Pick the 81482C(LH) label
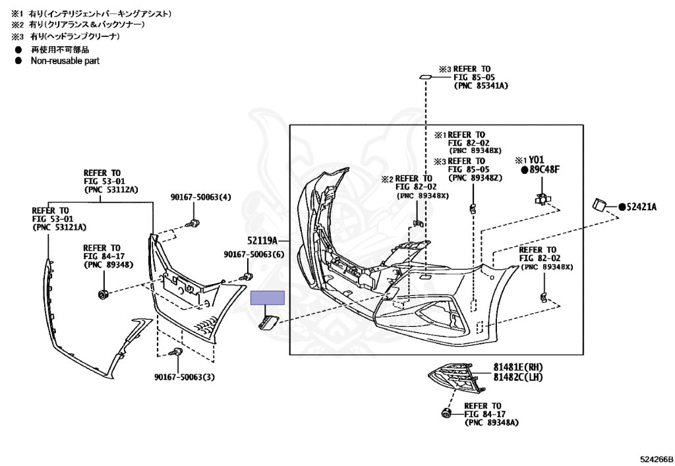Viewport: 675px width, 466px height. point(519,376)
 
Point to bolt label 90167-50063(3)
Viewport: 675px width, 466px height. point(185,377)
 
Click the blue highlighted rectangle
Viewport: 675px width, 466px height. point(267,298)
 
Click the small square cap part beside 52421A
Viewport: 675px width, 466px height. point(600,205)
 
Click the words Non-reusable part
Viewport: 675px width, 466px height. point(65,61)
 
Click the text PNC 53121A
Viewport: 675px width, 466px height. point(59,227)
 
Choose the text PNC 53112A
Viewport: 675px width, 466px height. point(111,189)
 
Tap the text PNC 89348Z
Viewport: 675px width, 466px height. point(476,177)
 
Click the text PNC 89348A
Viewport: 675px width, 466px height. point(491,422)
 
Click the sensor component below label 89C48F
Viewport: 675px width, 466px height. point(543,198)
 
